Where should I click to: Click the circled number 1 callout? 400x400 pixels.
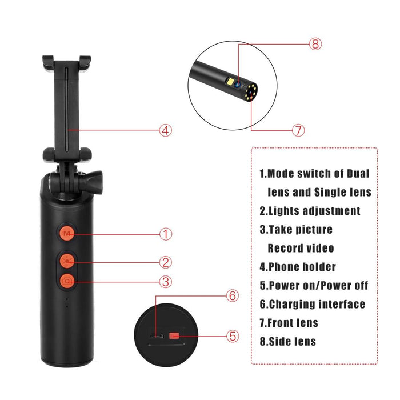point(165,234)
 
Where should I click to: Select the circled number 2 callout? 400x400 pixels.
point(165,262)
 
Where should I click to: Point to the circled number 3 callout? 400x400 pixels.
point(165,281)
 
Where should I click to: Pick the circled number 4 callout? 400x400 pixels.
point(165,130)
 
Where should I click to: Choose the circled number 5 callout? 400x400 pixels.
point(233,336)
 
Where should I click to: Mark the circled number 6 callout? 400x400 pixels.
point(232,295)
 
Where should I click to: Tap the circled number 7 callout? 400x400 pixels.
point(298,130)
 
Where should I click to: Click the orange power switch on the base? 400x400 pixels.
point(175,336)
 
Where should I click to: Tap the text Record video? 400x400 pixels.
point(301,249)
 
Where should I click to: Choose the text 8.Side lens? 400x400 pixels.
point(287,342)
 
